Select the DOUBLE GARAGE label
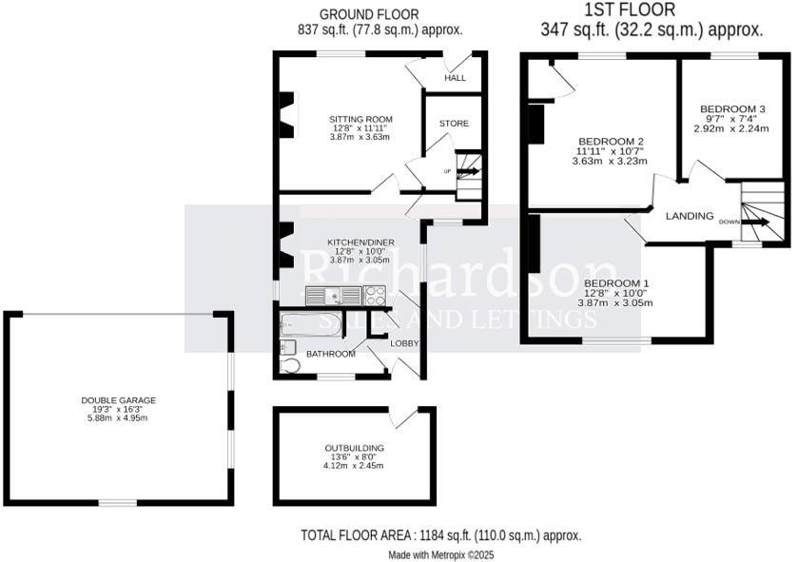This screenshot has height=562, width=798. [119, 400]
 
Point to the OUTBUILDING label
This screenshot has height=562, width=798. [354, 447]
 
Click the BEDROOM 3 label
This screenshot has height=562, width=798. [732, 108]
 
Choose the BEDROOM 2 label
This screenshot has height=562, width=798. [611, 141]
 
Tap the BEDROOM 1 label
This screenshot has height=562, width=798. [616, 283]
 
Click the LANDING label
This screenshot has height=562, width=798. [690, 216]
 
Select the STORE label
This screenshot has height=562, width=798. [454, 124]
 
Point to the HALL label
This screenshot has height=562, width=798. [455, 78]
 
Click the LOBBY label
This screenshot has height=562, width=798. [404, 342]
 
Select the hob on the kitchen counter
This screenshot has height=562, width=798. [373, 295]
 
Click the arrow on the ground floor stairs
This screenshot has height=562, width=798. [469, 172]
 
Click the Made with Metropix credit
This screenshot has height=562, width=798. [440, 554]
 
